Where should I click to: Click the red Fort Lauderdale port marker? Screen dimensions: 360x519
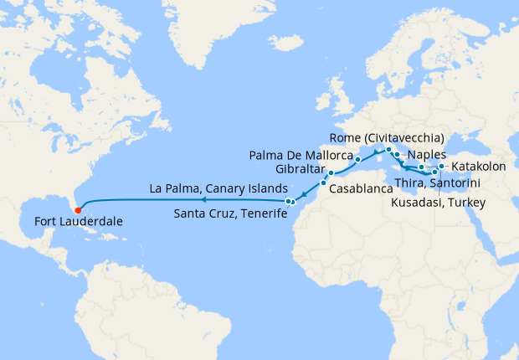78,209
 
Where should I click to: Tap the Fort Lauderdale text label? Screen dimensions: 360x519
79,223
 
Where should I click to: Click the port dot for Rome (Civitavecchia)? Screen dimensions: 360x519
389,150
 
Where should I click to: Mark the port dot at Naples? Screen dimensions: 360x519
397,156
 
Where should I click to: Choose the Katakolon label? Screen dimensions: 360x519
479,167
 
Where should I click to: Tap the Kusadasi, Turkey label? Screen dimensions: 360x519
439,202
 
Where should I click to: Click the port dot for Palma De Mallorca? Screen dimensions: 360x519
357,159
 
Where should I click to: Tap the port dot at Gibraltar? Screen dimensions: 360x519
331,173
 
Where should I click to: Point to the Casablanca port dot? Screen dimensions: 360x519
323,183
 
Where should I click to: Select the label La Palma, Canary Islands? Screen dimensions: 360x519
218,188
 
